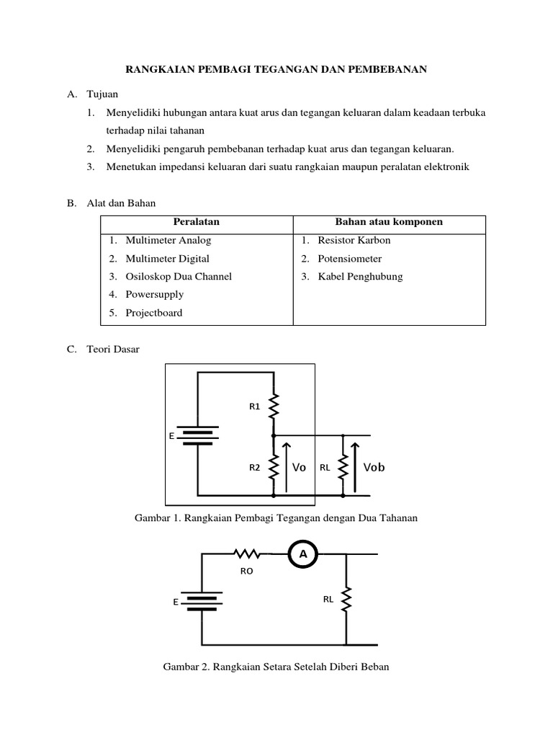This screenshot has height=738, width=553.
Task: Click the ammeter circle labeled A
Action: pos(302,553)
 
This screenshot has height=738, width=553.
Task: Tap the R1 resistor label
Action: pos(254,407)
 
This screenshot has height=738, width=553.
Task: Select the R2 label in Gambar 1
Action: pos(254,467)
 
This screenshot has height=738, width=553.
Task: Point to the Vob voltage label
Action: pos(374,467)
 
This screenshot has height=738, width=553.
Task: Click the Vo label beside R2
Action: pos(300,467)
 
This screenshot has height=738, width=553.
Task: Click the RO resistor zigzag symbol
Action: pos(246,553)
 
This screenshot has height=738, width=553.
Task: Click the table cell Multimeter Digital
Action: pos(167,258)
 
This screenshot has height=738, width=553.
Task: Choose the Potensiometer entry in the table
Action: pos(350,258)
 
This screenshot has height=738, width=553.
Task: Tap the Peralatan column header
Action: pos(197,222)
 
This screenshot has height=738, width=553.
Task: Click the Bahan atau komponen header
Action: pos(389,222)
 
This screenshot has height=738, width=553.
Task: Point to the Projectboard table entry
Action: pos(153,313)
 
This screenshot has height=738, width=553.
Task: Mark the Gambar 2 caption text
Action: pos(276,667)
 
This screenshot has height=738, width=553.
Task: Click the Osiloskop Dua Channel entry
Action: pos(179,276)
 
